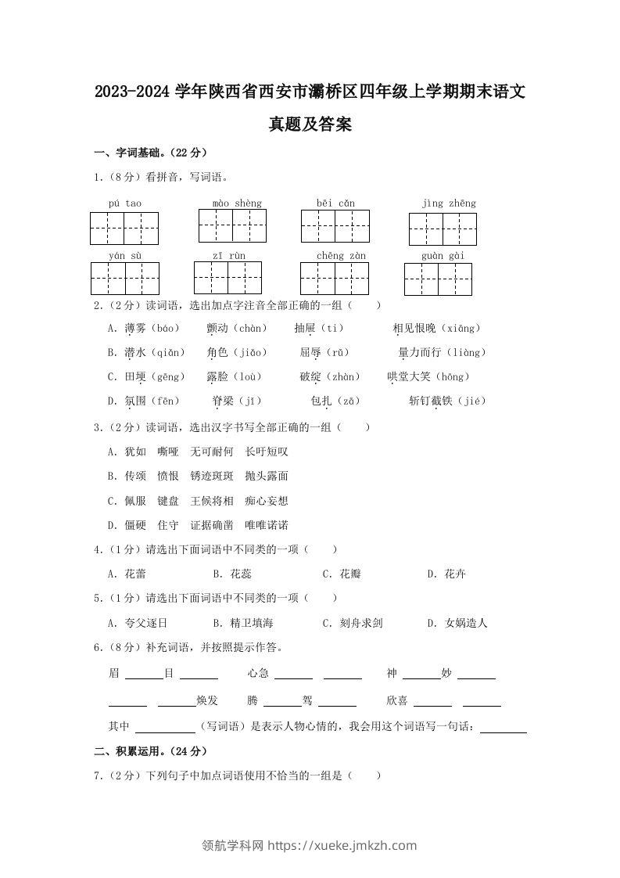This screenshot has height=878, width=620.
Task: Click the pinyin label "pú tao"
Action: point(125,203)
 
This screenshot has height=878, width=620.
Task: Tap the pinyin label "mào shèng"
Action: point(237,203)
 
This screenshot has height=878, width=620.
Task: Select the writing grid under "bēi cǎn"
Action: point(335,226)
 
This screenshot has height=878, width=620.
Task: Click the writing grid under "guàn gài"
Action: point(438,279)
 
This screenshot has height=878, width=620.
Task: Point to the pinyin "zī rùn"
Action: point(228,256)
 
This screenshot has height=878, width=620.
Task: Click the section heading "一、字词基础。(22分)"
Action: point(150,152)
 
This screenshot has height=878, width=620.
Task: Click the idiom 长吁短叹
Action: point(267,452)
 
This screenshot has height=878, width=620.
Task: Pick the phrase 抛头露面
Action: point(267,476)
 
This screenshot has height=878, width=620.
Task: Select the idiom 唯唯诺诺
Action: point(267,525)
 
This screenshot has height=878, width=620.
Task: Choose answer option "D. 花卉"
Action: point(446,574)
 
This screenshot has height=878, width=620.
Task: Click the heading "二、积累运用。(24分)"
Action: point(150,751)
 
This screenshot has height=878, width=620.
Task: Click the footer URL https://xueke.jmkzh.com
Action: point(342,846)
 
